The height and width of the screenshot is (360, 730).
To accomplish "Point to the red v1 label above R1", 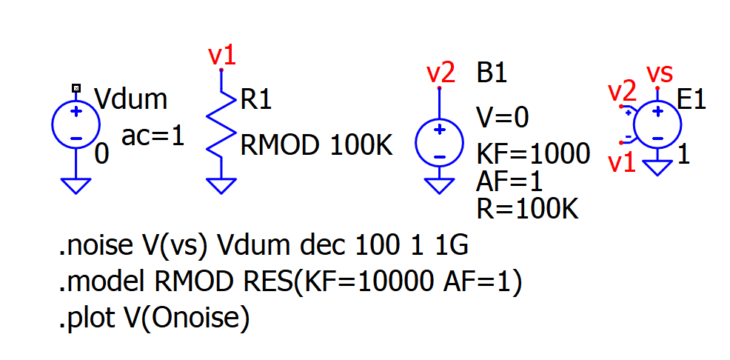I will point(221,54).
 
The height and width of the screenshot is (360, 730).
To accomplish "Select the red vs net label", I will point(660,73).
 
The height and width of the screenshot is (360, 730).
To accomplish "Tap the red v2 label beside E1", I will point(622,93).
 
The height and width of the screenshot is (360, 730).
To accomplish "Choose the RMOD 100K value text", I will point(316,146).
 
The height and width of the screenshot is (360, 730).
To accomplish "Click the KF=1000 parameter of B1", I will point(533,153).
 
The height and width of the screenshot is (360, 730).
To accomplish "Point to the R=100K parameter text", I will point(526,209).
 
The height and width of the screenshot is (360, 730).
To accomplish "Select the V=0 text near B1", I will point(503,118).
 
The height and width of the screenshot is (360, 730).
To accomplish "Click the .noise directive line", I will point(263,247).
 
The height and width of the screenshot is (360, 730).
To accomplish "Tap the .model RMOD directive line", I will point(290,281).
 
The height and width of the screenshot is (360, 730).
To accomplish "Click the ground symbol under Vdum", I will point(76,184).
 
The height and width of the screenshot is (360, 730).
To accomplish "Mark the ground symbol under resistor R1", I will point(221,184).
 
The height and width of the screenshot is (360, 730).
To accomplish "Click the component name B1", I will point(492,74).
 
